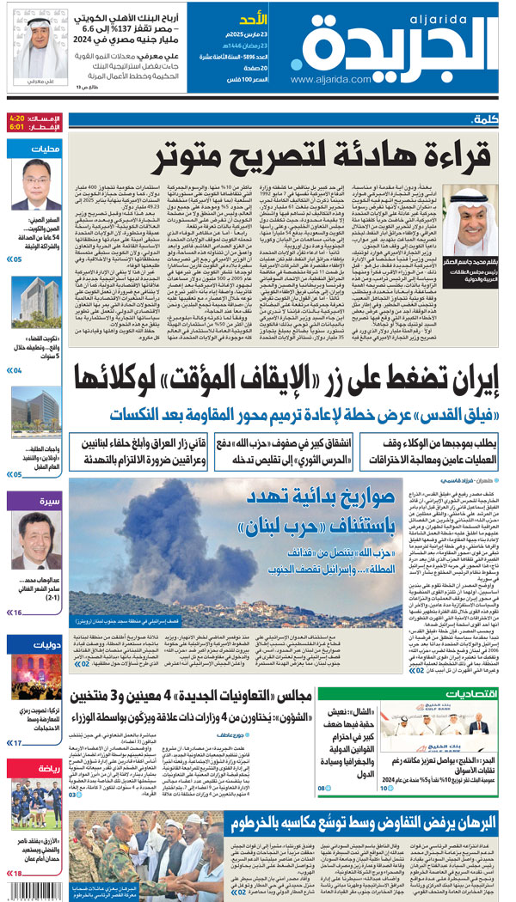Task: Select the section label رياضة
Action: pyautogui.click(x=45, y=767)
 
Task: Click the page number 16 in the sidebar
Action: pyautogui.click(x=16, y=613)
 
